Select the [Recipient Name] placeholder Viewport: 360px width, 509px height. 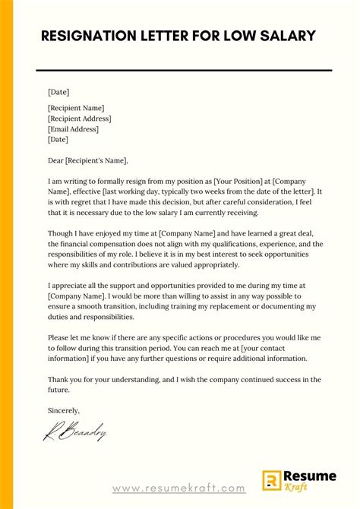pos(76,108)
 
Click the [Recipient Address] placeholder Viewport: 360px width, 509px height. pos(79,119)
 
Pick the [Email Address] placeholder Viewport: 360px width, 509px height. pos(73,129)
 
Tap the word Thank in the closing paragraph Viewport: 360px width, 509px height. pos(58,379)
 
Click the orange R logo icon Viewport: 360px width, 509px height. pos(272,479)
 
